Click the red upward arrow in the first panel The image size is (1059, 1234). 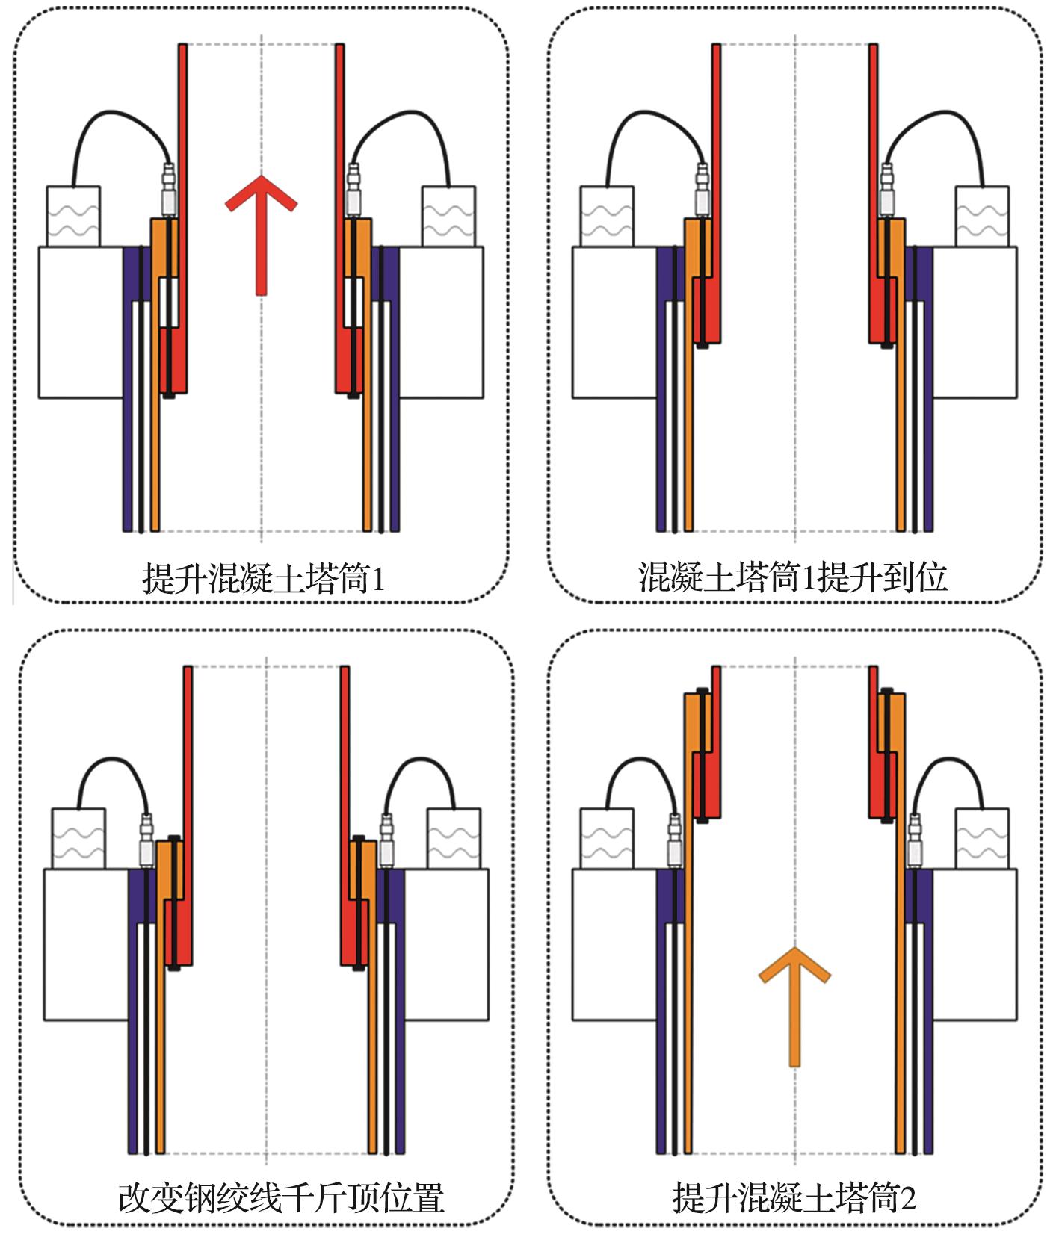[x=261, y=232]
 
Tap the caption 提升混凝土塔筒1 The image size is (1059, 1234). [x=263, y=577]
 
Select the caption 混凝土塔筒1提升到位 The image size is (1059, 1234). [x=793, y=577]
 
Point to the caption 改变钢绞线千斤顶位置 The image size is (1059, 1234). [x=281, y=1197]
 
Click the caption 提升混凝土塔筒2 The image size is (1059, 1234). [x=794, y=1198]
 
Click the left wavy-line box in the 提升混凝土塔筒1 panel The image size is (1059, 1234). [x=73, y=216]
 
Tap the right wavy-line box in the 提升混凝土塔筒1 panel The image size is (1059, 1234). [x=448, y=216]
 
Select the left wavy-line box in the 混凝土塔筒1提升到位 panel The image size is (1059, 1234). [x=607, y=216]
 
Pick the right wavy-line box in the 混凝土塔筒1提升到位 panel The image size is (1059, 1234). [x=982, y=216]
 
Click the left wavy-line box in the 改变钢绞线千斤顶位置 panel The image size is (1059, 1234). [x=78, y=838]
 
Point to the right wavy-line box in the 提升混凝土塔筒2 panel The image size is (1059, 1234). [x=982, y=838]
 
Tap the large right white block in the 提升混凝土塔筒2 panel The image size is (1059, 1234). [x=975, y=945]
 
